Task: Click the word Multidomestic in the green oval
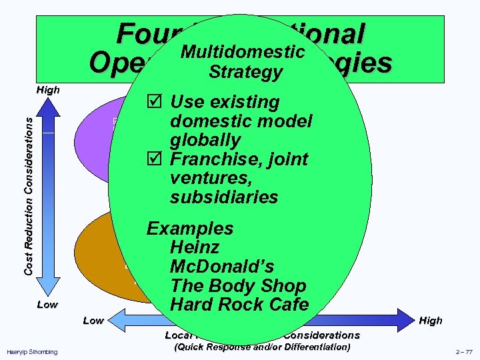click(x=243, y=52)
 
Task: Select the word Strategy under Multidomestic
click(x=245, y=72)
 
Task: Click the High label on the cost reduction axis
click(x=47, y=90)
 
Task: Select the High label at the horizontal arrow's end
click(x=431, y=321)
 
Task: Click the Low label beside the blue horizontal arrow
click(x=93, y=321)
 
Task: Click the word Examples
click(x=190, y=229)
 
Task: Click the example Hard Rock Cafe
click(x=239, y=305)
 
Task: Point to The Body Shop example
click(x=238, y=286)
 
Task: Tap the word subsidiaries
click(x=225, y=197)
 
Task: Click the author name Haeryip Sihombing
click(x=32, y=351)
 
